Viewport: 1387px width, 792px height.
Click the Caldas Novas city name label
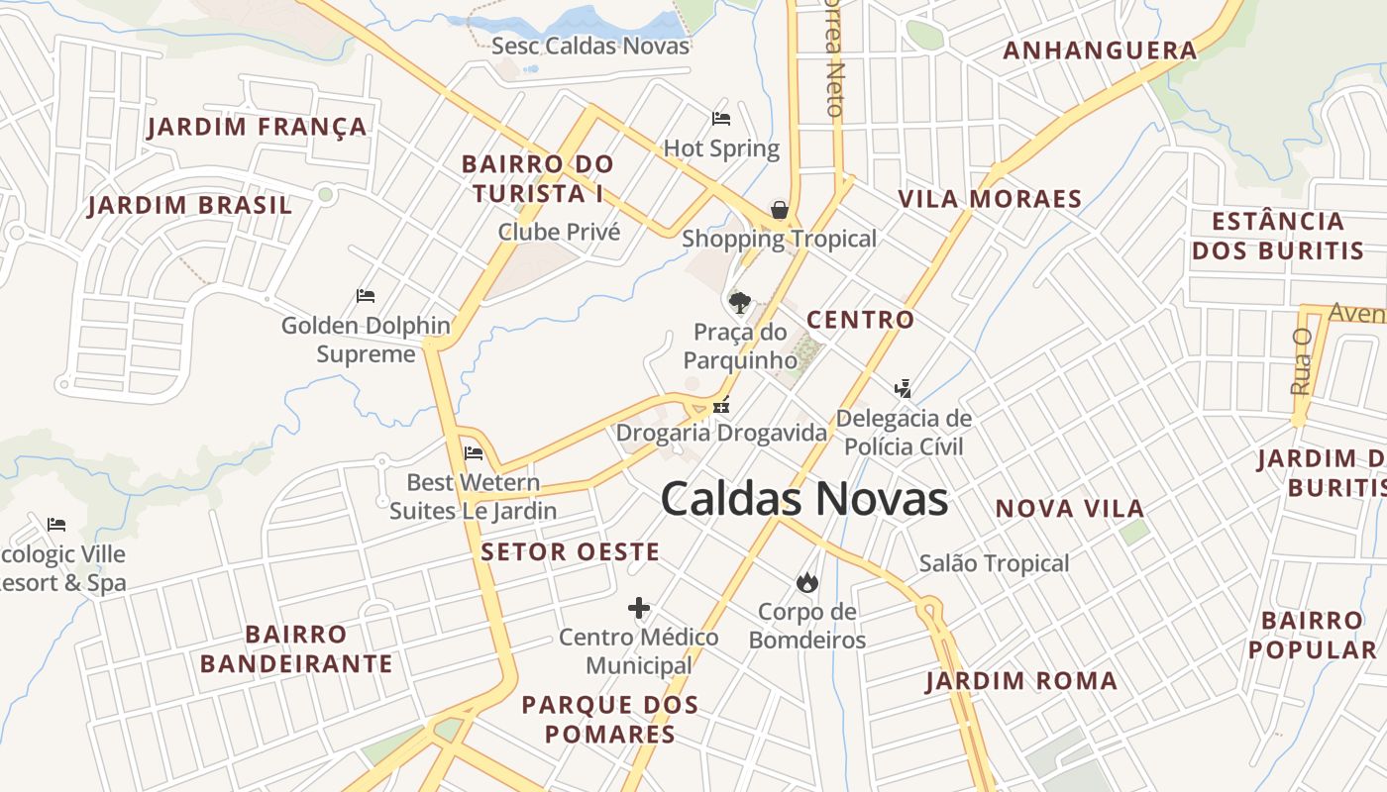(x=803, y=499)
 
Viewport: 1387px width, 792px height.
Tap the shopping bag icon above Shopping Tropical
(x=780, y=210)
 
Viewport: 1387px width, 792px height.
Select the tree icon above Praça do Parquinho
(x=739, y=302)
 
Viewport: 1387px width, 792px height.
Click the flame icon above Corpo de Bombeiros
(x=807, y=582)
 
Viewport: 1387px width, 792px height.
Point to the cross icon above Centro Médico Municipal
(x=639, y=607)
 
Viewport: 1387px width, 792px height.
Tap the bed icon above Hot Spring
(x=721, y=119)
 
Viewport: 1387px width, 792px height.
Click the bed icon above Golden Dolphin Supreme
(x=366, y=295)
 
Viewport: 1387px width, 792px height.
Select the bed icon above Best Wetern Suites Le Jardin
(x=474, y=453)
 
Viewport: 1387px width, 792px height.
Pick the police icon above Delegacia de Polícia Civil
(x=903, y=388)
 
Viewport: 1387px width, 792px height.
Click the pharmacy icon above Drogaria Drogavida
(x=721, y=404)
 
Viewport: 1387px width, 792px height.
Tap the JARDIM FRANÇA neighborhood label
(x=258, y=127)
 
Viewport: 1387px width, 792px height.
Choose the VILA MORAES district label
(x=990, y=199)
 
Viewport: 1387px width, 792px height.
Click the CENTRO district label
(x=860, y=320)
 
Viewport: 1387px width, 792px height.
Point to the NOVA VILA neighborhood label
(x=1070, y=509)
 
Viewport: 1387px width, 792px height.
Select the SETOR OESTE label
(x=570, y=552)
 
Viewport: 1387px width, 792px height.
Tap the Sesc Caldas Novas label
(x=590, y=46)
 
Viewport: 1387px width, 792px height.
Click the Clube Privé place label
(x=559, y=232)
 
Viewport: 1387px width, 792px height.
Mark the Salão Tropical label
(x=994, y=563)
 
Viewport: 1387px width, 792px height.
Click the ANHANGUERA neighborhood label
(x=1100, y=50)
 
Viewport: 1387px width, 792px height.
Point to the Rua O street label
(x=1302, y=361)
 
